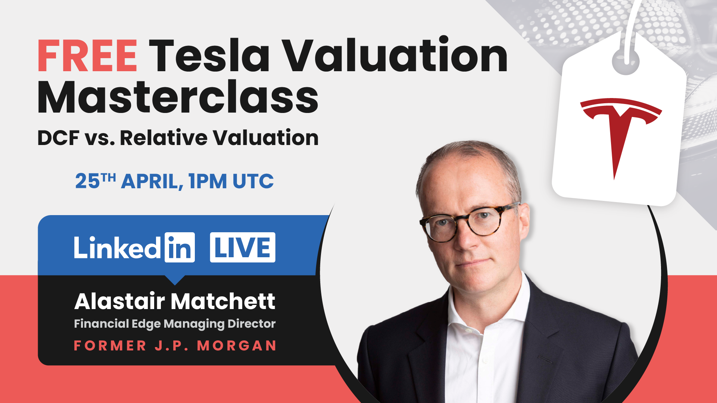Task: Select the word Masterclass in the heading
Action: point(178,98)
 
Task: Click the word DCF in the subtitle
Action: point(59,138)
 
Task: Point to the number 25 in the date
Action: point(88,182)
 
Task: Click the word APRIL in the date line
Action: point(152,182)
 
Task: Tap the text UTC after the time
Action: point(253,182)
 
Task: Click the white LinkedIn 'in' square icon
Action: point(180,248)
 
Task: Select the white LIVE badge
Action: point(243,248)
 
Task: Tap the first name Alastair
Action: point(119,301)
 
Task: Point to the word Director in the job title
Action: point(252,324)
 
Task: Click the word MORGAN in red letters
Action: point(237,346)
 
